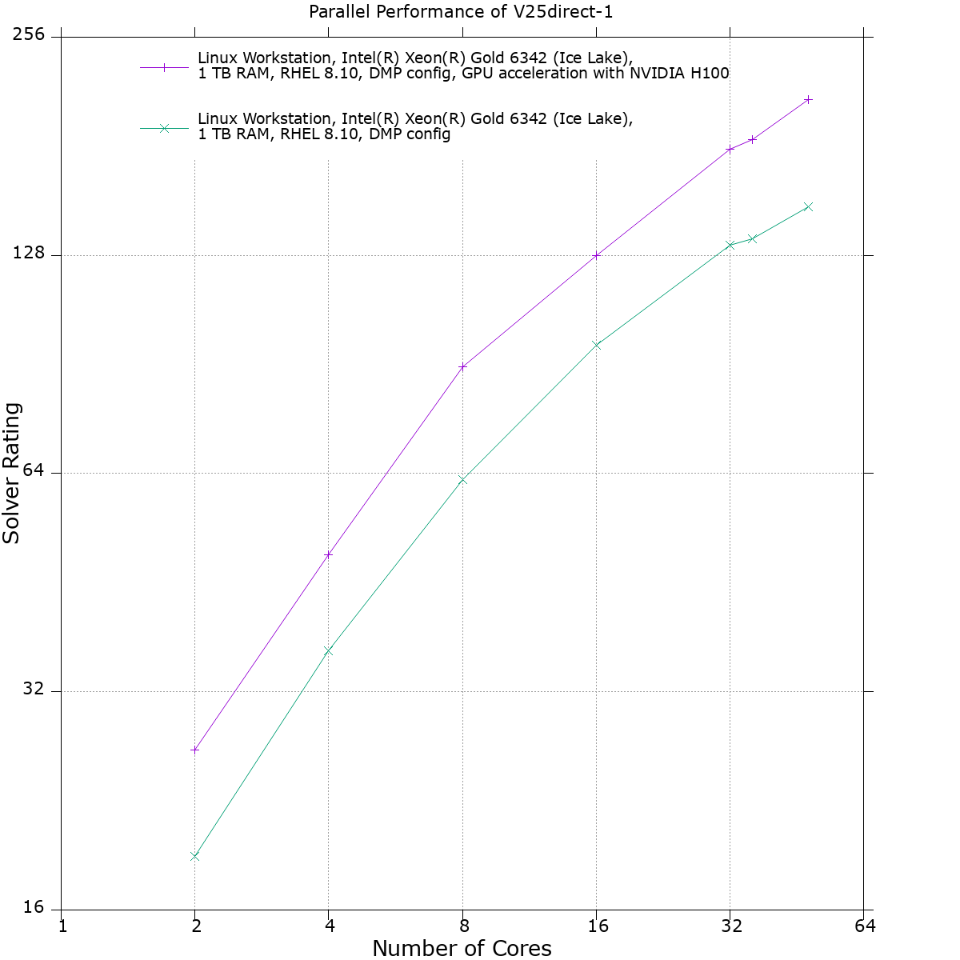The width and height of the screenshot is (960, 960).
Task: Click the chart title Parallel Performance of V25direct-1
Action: coord(461,13)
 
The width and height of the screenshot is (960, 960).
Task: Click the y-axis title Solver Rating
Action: coord(12,474)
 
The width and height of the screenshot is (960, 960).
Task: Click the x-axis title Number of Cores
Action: coord(462,948)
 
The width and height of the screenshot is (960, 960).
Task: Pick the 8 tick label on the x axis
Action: coord(463,926)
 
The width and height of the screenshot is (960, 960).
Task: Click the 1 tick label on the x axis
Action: coord(62,926)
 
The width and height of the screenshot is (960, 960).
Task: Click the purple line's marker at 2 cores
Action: coord(194,750)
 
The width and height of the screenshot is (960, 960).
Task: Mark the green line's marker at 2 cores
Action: coord(194,856)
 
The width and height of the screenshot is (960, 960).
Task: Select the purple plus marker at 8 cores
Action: coord(462,366)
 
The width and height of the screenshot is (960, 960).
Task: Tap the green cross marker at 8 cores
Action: coord(462,479)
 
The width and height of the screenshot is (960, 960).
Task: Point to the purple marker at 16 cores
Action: coord(596,255)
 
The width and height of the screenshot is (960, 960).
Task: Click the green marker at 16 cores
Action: coord(596,345)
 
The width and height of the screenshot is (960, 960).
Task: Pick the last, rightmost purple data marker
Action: coord(808,99)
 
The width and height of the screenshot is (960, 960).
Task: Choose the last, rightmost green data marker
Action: coord(808,206)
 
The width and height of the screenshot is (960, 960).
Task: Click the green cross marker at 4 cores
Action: coord(328,650)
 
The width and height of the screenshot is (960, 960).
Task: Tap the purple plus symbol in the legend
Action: coord(164,67)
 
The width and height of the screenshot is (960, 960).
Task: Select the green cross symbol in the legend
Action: coord(164,128)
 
